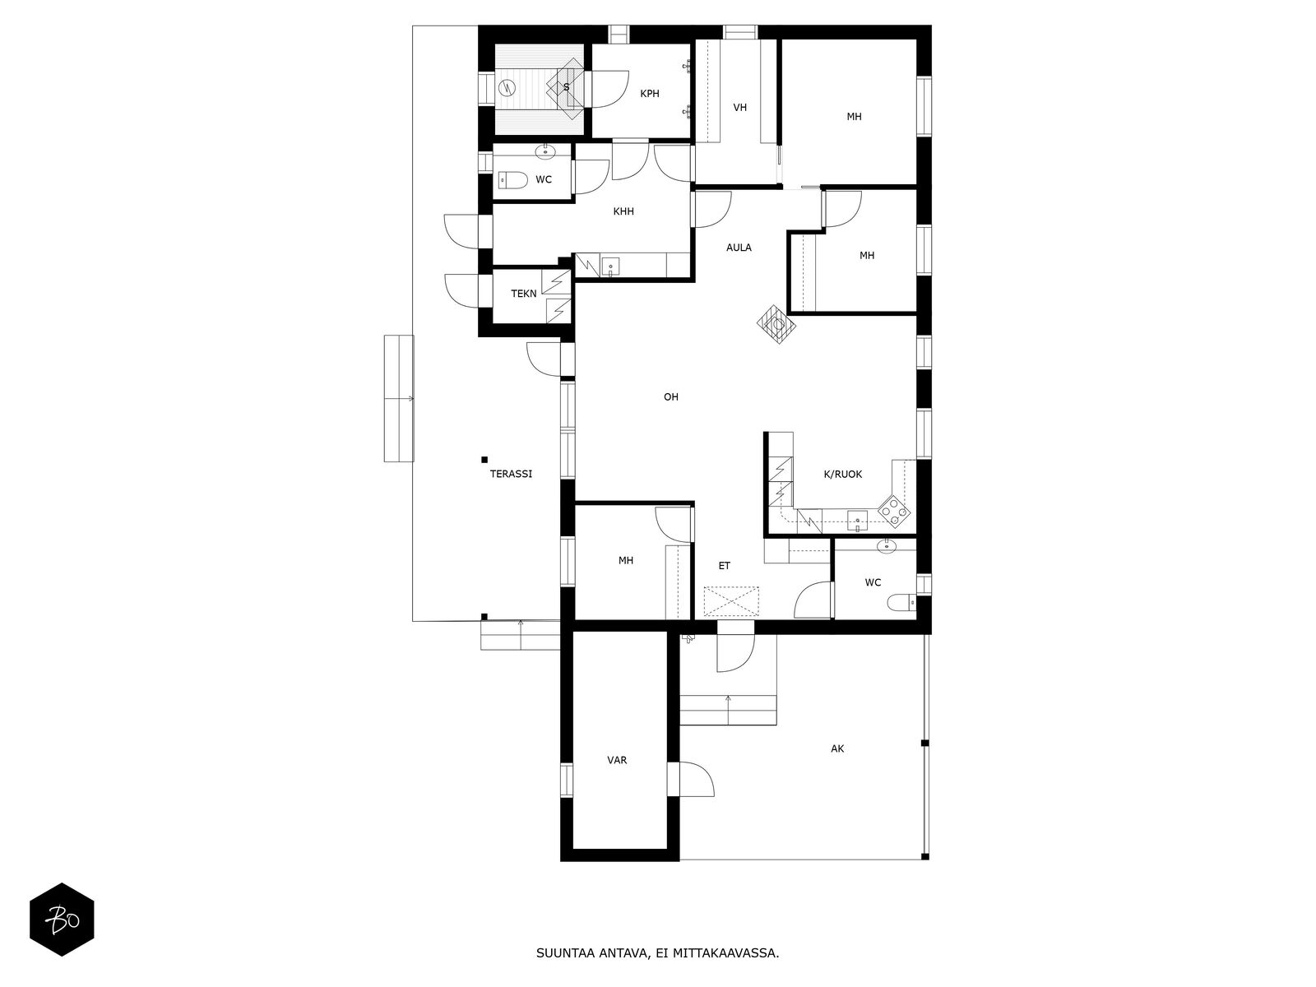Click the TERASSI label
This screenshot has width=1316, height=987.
point(511,474)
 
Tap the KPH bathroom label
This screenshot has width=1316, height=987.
point(649,94)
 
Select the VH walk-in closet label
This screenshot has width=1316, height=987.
point(739,107)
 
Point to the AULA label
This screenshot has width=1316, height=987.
point(739,247)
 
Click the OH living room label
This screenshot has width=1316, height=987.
point(671,396)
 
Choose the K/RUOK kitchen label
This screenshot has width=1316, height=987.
point(843,474)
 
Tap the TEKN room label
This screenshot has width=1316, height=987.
point(523,294)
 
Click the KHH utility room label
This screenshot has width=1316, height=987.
point(623,211)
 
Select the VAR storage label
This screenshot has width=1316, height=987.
point(617,760)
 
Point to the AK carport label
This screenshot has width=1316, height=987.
point(837,748)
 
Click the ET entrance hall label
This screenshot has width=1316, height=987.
point(725,565)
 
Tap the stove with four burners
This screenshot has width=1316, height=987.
point(894,511)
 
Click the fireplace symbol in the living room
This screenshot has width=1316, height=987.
point(777,324)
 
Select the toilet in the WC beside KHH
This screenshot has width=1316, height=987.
point(512,179)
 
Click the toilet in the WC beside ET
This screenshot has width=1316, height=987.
point(901,601)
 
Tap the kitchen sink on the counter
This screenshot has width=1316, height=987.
point(858,521)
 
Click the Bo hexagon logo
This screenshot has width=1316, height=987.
point(62,920)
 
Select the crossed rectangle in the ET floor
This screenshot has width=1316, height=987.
point(731,602)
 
